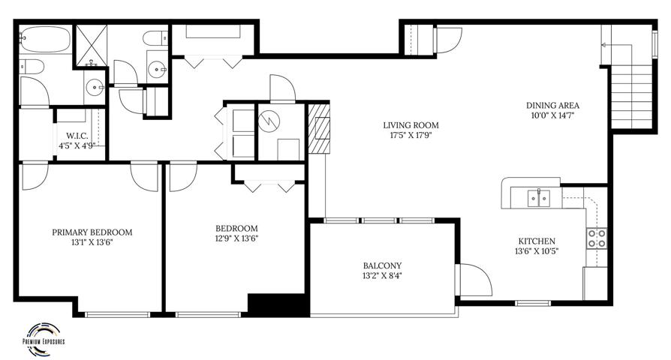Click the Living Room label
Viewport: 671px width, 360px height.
click(x=411, y=125)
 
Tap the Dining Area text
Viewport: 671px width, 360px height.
click(x=552, y=105)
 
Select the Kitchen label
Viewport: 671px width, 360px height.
click(x=537, y=241)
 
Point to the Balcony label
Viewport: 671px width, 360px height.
click(x=382, y=265)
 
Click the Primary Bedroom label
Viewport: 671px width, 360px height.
click(x=92, y=232)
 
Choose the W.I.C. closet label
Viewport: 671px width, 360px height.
click(x=77, y=136)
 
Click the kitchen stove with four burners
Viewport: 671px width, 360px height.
click(x=597, y=238)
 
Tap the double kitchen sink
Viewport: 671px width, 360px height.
click(x=539, y=198)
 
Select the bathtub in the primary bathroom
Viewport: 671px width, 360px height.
click(x=45, y=39)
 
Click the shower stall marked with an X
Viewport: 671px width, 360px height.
click(x=92, y=45)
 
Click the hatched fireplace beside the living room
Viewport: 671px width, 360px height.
click(x=319, y=128)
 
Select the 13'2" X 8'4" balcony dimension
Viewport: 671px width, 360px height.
click(x=382, y=276)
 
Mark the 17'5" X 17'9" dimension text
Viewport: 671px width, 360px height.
click(x=411, y=136)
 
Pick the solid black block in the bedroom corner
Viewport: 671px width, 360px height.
click(x=278, y=305)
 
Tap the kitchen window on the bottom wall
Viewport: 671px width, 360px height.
click(x=532, y=303)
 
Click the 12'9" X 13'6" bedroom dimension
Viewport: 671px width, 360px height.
click(x=236, y=238)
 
